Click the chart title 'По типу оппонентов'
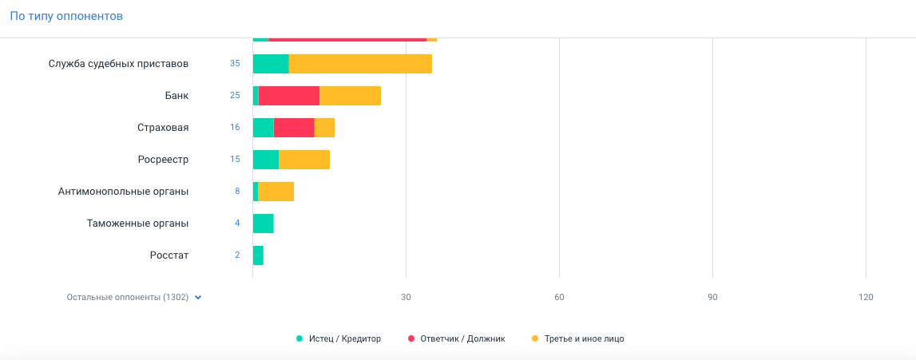tap(66, 16)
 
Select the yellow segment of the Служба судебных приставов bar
tap(359, 64)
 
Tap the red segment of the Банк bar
tap(288, 96)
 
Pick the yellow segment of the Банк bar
tap(350, 96)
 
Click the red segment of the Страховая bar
tap(294, 128)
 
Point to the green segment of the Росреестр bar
tap(266, 160)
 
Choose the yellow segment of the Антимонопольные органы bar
tap(276, 192)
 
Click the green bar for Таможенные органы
tap(263, 224)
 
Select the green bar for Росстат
tap(258, 255)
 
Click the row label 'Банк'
tap(176, 96)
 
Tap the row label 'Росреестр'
tap(163, 160)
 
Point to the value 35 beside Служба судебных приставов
tap(235, 64)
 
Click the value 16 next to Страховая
tap(235, 128)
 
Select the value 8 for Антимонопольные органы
tap(237, 192)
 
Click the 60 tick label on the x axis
tap(559, 298)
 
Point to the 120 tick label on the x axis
tap(866, 298)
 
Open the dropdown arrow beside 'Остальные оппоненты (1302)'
tap(198, 298)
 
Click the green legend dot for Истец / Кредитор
tap(299, 338)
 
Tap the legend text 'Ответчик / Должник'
tap(462, 338)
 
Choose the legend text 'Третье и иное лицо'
tap(584, 338)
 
